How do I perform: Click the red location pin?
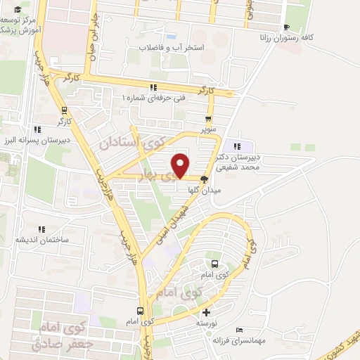click(181, 165)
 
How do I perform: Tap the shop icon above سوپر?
click(207, 118)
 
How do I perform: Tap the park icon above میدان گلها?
click(205, 178)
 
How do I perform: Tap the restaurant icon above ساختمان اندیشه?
click(40, 228)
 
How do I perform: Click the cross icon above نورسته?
click(205, 312)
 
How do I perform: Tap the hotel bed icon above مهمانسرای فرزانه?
click(240, 329)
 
